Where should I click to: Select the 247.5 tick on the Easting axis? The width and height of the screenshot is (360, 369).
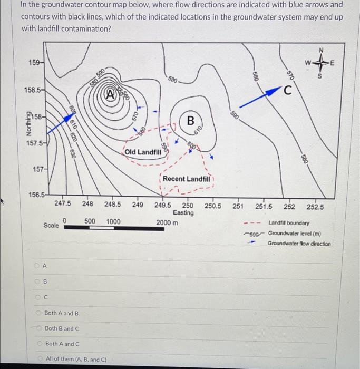click(x=63, y=204)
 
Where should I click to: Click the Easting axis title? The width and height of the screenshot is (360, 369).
click(x=183, y=212)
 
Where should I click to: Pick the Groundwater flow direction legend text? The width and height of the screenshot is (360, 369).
click(x=299, y=244)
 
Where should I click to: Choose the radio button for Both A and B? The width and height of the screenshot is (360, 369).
click(x=38, y=313)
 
